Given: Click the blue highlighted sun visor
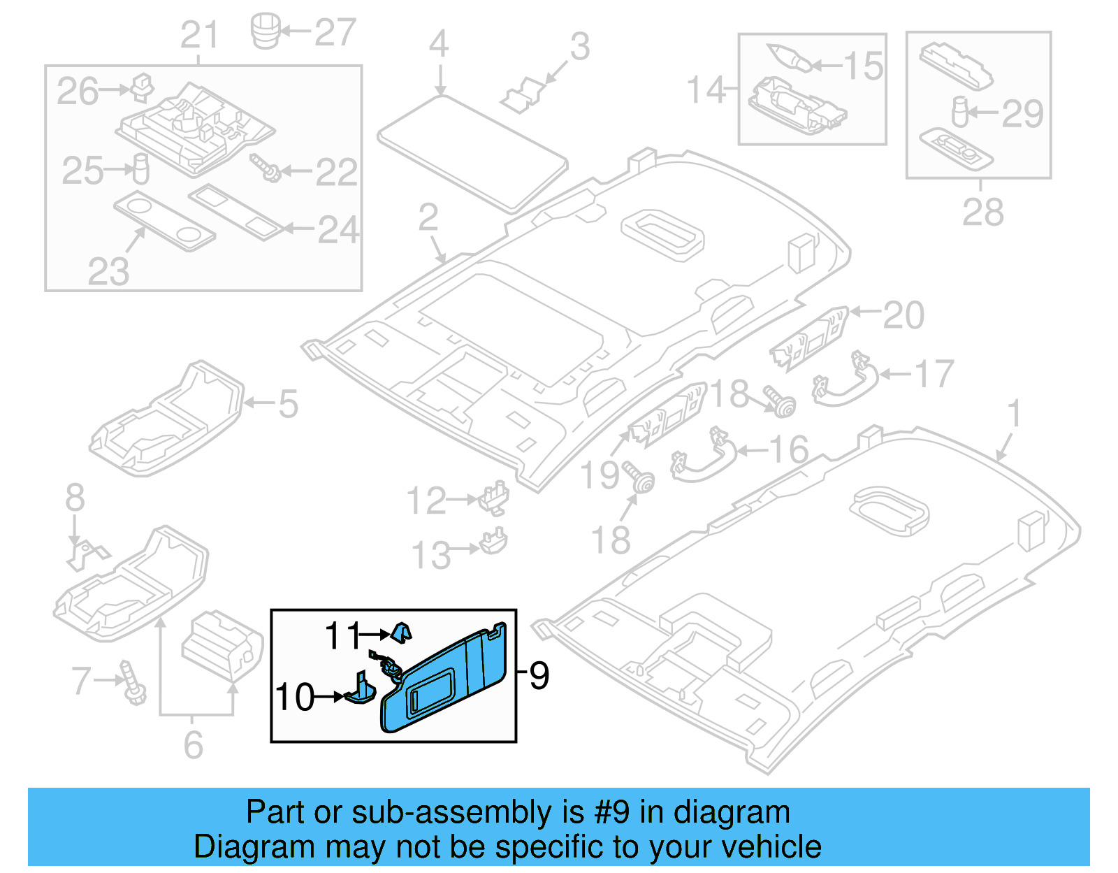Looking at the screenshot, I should click(447, 678).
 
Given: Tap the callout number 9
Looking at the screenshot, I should click(539, 675).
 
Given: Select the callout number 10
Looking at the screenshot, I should click(294, 698).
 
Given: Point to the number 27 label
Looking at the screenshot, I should click(335, 33).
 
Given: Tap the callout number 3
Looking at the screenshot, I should click(579, 47).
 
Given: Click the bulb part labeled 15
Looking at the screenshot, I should click(790, 57).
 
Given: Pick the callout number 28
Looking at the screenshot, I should click(982, 212).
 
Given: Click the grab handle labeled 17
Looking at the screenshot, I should click(845, 380).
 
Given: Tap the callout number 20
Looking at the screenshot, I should click(903, 315).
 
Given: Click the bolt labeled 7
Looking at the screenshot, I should click(133, 682).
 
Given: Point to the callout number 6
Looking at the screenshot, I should click(194, 745).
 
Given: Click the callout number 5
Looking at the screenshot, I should click(288, 405).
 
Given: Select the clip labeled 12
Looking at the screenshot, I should click(494, 496).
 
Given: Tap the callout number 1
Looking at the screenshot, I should click(1014, 413).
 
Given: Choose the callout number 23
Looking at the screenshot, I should click(108, 271).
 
